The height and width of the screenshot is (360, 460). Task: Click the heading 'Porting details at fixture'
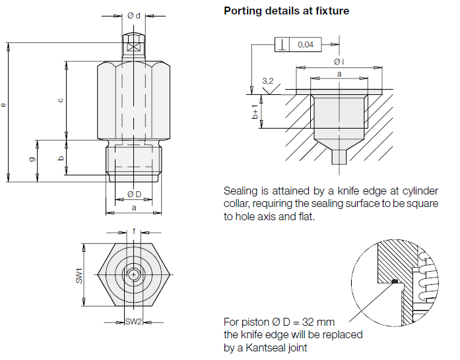tap(286, 11)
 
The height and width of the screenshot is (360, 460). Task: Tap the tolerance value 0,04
tap(306, 45)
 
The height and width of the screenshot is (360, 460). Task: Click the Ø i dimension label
tap(339, 61)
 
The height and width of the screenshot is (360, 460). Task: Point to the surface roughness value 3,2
tap(268, 80)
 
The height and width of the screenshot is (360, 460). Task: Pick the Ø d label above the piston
tap(133, 16)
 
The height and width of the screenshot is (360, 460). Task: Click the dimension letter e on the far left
tap(5, 105)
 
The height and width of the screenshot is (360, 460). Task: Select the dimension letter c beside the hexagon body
tap(61, 100)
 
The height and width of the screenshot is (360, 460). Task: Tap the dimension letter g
tap(32, 159)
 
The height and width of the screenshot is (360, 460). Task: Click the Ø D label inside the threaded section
tap(133, 194)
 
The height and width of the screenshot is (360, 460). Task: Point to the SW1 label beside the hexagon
tap(79, 275)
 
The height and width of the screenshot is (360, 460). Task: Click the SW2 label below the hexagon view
tap(133, 321)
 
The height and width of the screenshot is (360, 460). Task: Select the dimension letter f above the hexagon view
tap(134, 231)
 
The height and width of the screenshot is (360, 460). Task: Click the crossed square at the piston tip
tap(133, 47)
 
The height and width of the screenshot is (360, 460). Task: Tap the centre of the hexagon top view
tap(134, 274)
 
